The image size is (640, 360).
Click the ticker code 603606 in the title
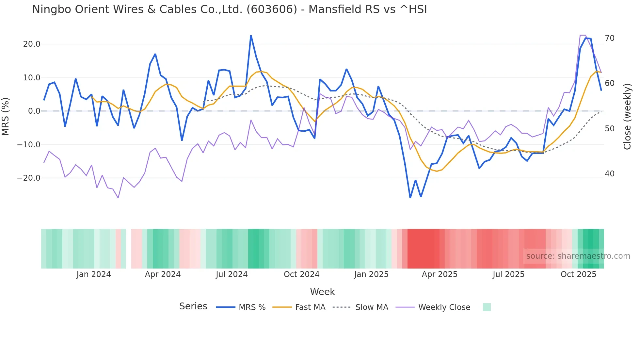[272, 9]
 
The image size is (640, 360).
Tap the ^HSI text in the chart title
[413, 9]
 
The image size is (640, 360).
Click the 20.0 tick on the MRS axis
[32, 44]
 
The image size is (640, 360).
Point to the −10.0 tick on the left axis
[29, 144]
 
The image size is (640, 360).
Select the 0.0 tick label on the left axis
[34, 111]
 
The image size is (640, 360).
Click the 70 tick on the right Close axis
[609, 38]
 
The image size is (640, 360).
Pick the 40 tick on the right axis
[609, 174]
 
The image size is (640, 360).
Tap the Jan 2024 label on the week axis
[94, 274]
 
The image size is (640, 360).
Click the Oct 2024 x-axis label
[301, 274]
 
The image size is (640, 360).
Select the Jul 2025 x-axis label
[508, 274]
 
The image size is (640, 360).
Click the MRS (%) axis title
[6, 116]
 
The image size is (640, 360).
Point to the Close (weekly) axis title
[627, 116]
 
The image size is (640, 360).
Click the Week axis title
[322, 292]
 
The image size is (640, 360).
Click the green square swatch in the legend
[487, 307]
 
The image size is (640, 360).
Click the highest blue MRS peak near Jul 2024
[251, 36]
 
